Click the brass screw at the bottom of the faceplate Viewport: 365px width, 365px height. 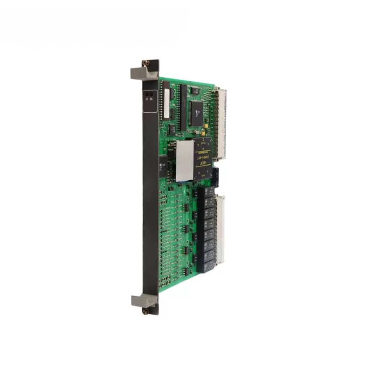(x=146, y=312)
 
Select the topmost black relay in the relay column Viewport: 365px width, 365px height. (x=208, y=191)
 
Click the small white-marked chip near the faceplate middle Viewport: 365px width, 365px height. (x=163, y=167)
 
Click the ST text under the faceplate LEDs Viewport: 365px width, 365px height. (x=146, y=99)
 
